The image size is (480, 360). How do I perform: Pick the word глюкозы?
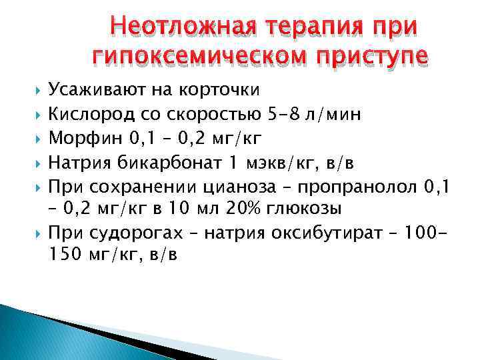pyautogui.click(x=303, y=209)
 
